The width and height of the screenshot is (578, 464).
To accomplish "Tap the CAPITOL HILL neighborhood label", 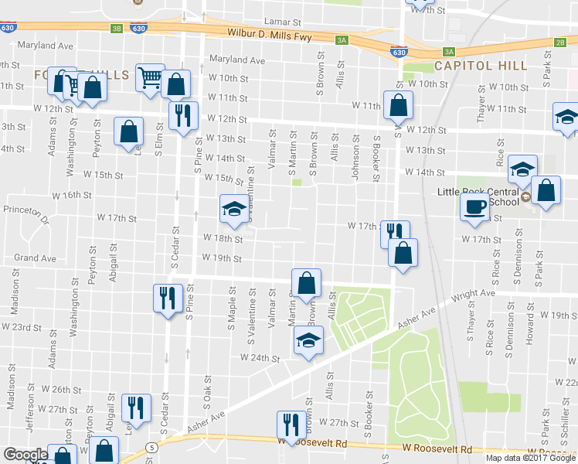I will (480, 67).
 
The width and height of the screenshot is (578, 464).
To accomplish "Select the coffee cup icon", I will (474, 207).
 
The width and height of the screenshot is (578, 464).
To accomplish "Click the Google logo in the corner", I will (25, 455).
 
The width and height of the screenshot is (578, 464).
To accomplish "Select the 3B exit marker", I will (117, 29).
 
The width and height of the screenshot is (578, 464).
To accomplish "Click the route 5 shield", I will (154, 447).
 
